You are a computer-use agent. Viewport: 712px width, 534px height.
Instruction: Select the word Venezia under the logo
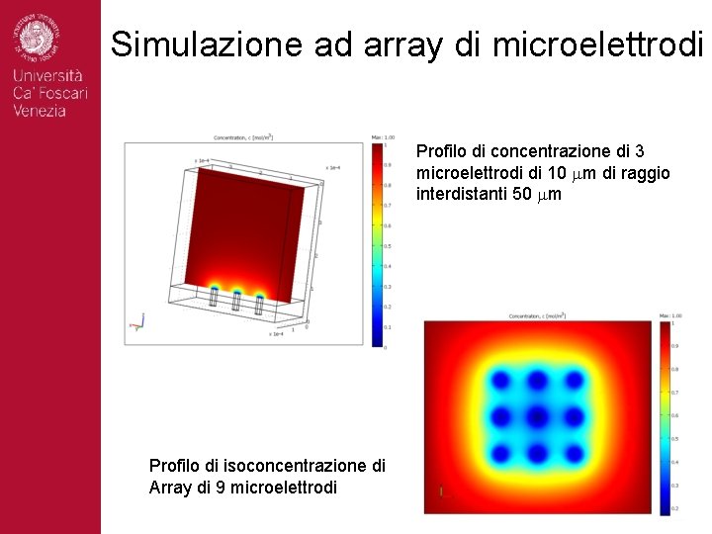(x=41, y=111)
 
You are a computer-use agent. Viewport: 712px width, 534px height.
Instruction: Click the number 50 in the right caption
(x=523, y=194)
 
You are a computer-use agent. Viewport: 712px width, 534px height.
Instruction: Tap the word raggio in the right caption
(x=647, y=173)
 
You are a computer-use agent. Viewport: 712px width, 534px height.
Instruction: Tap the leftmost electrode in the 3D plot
(x=214, y=298)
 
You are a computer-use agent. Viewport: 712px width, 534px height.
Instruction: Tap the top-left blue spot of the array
(x=502, y=381)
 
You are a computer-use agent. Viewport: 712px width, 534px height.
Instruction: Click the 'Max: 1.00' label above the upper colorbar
(x=384, y=136)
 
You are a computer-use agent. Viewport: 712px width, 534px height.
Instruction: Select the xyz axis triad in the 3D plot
(x=137, y=323)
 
